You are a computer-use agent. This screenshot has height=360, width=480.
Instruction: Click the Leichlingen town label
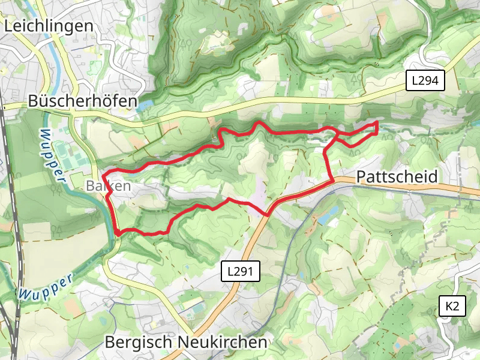pos(49,26)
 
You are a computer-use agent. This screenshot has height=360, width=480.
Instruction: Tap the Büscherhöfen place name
pos(83,101)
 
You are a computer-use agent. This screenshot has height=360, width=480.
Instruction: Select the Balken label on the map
pos(108,186)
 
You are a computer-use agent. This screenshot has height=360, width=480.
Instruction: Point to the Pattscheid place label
pos(397,177)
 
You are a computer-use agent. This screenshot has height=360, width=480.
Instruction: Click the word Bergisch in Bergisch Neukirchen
pos(139,342)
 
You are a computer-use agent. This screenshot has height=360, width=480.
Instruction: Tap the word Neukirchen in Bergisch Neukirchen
pos(223,342)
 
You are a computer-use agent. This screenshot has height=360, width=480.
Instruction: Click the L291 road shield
pos(242,271)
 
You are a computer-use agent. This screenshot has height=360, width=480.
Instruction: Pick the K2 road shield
pos(452,307)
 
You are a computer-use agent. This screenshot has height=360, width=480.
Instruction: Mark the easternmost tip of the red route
pos(377,123)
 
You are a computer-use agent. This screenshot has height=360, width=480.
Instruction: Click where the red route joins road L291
pos(266,214)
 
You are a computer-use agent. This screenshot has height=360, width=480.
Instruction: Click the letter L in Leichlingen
pos(8,26)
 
